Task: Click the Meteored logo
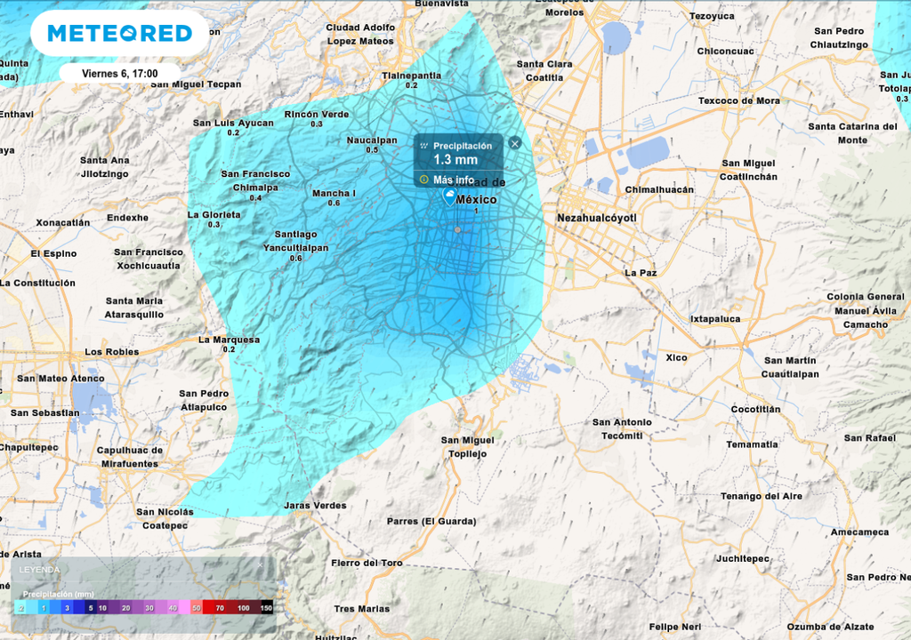(119, 34)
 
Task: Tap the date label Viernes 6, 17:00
(119, 74)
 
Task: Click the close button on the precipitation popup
(514, 143)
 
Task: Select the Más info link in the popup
(453, 180)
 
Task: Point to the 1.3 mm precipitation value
(455, 160)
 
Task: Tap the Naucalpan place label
(372, 140)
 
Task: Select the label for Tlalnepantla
(411, 76)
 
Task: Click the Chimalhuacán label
(658, 189)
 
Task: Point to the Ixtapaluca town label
(715, 318)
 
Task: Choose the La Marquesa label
(229, 340)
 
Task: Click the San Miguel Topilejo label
(467, 447)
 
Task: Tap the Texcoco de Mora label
(738, 100)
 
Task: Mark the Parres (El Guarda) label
(431, 521)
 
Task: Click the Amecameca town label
(859, 532)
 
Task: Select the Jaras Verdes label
(315, 506)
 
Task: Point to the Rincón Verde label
(317, 115)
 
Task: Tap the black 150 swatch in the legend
(265, 608)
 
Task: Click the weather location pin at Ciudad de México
(450, 196)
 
